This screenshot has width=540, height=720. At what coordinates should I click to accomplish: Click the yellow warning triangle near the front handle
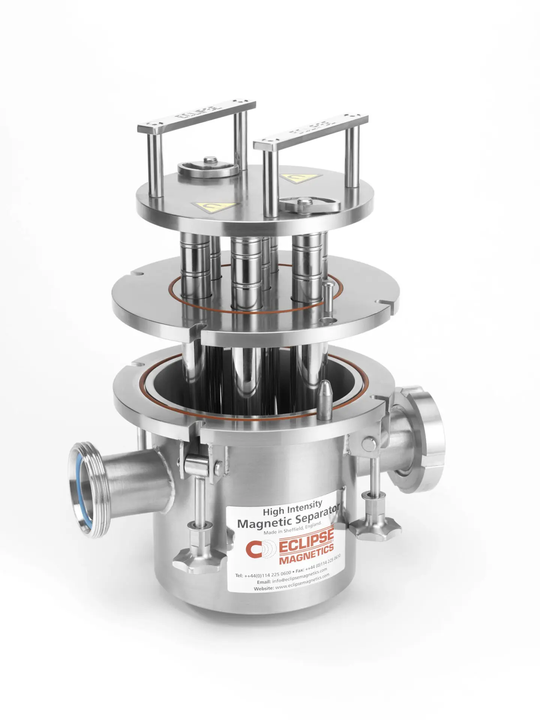click(214, 206)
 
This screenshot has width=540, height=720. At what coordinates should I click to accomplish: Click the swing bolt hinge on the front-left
click(196, 463)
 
